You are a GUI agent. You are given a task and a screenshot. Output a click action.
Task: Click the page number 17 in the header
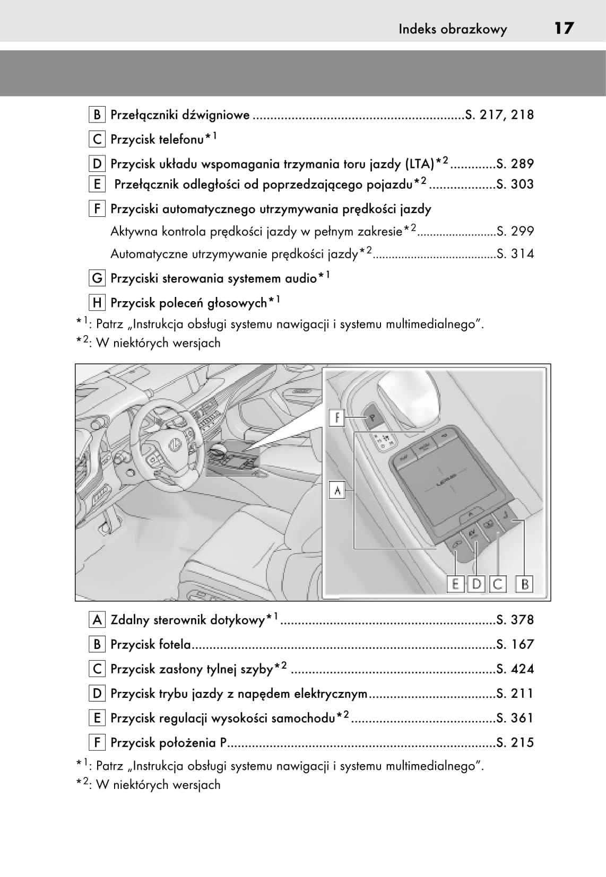click(564, 28)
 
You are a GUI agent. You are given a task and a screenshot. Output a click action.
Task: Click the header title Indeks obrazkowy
click(453, 29)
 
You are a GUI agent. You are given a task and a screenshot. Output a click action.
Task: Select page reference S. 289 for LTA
click(515, 164)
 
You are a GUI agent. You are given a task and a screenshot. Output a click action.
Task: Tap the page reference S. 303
click(515, 185)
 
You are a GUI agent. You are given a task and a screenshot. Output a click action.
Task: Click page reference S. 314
click(515, 254)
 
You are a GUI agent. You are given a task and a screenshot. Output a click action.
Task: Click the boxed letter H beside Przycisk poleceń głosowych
click(97, 303)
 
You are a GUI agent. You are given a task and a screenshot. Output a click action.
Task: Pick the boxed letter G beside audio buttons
click(97, 278)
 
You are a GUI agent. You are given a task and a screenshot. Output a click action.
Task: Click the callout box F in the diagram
click(337, 418)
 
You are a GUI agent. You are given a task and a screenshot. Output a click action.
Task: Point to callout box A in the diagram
click(337, 490)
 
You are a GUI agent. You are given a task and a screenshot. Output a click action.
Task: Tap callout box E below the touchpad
click(455, 584)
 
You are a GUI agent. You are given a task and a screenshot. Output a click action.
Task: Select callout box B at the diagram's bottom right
click(525, 584)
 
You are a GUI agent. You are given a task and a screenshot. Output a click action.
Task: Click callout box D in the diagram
click(477, 584)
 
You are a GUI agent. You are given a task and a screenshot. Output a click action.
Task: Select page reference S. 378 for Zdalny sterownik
click(515, 620)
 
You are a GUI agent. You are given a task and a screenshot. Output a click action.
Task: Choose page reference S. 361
click(515, 718)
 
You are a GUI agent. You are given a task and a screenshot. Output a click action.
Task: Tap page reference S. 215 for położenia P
click(515, 742)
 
